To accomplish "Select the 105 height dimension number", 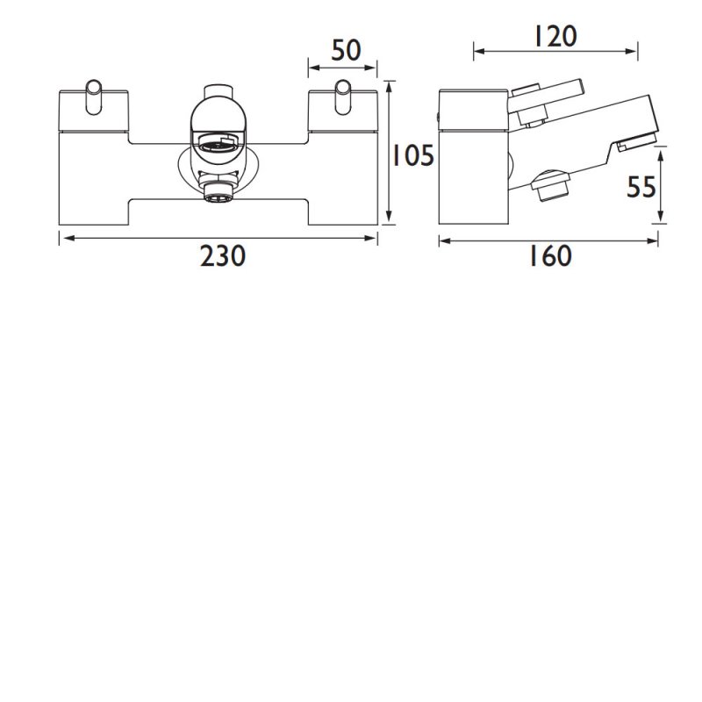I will [412, 156].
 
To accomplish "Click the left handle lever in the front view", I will [93, 97].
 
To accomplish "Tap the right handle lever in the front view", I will [343, 97].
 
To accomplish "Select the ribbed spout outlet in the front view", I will [217, 144].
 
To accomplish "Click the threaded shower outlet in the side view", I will [550, 186].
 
